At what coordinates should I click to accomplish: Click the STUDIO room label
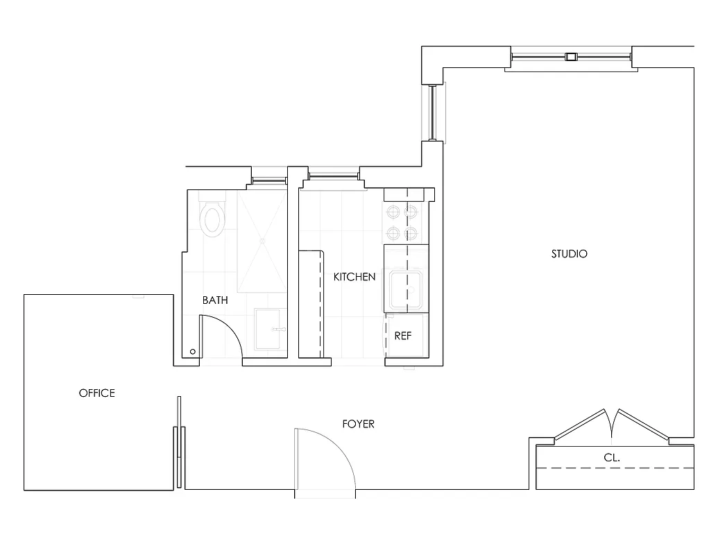click(x=569, y=254)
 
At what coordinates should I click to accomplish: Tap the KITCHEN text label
click(x=354, y=277)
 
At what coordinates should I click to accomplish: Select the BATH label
click(x=215, y=300)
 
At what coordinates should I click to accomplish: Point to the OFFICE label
click(x=96, y=393)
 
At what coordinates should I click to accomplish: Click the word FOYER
click(x=358, y=424)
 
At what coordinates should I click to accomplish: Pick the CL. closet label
click(x=611, y=458)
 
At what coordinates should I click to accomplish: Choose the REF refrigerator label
click(x=402, y=336)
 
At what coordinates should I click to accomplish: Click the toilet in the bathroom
click(x=212, y=217)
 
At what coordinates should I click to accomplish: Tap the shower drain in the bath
click(x=262, y=241)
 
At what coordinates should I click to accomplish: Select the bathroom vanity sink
click(x=270, y=330)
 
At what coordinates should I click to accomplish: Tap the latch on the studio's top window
click(x=571, y=58)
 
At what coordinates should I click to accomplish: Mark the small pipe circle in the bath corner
click(x=192, y=352)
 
